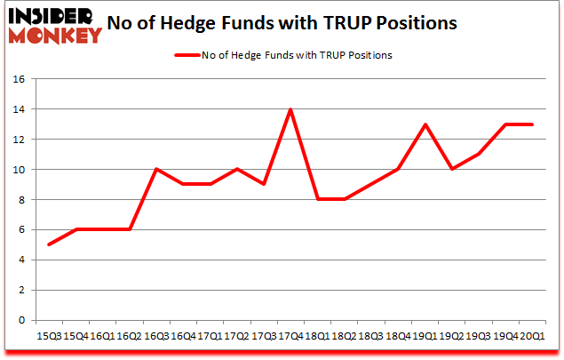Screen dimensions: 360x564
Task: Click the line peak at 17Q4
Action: click(289, 109)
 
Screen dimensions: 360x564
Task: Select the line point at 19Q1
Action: click(425, 124)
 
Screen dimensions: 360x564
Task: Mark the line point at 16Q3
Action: click(155, 169)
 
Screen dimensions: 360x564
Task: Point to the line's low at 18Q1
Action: click(316, 199)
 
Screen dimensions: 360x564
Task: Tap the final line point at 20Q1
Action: click(532, 124)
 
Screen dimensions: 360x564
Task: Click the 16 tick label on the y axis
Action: click(19, 79)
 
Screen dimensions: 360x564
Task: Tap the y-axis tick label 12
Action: click(19, 140)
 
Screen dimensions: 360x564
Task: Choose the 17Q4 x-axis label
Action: click(289, 336)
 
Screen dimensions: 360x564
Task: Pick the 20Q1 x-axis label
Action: click(532, 336)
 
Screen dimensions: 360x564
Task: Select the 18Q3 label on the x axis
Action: click(370, 336)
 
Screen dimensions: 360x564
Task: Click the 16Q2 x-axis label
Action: click(128, 336)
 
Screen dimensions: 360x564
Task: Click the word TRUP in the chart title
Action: click(370, 22)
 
